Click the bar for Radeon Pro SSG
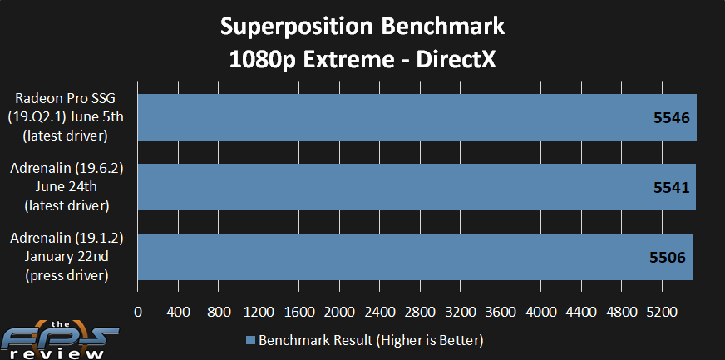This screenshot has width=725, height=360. click(417, 117)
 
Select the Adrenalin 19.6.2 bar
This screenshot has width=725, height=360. click(417, 187)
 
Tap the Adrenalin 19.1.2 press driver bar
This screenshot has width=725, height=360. click(415, 257)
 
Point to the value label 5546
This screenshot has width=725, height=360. click(671, 118)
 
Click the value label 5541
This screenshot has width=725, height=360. click(671, 188)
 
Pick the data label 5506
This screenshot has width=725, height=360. click(668, 258)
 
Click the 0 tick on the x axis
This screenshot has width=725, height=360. click(138, 312)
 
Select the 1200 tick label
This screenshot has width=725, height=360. click(259, 312)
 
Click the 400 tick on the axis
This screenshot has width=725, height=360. click(178, 312)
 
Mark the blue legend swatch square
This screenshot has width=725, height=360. click(250, 341)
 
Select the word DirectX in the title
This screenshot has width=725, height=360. click(456, 61)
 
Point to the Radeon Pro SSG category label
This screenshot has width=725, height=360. click(66, 99)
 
